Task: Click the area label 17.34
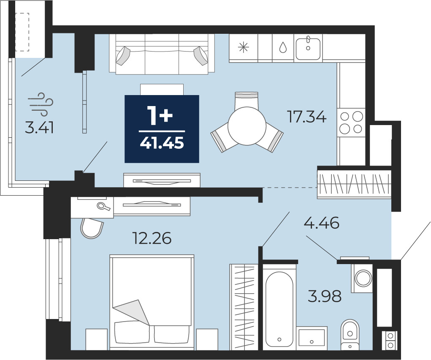coord(306,117)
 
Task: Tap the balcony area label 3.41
coord(39,128)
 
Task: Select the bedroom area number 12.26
coord(152,238)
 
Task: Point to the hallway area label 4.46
coord(321,223)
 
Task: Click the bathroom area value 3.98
coord(325,296)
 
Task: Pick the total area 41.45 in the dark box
coord(162,143)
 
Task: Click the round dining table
coord(247,126)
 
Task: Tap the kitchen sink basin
coord(308,49)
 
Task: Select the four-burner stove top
coord(351,122)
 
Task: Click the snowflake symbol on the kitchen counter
coord(244,48)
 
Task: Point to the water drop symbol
coord(283,48)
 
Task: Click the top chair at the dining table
coord(247,99)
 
